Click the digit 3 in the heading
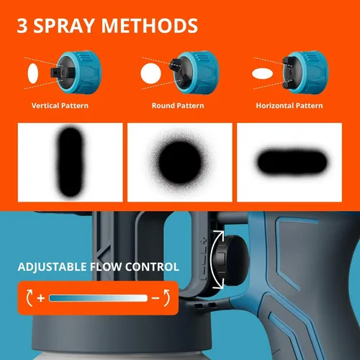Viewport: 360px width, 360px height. click(x=22, y=26)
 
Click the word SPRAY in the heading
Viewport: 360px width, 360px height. click(x=64, y=26)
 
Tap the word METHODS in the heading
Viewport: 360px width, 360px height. click(x=150, y=26)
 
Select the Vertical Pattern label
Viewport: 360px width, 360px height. click(x=60, y=106)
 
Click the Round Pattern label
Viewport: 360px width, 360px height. click(x=178, y=106)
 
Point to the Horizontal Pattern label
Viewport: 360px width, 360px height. click(x=289, y=106)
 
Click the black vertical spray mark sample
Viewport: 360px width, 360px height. click(x=71, y=162)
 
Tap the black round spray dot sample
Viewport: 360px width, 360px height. click(x=180, y=162)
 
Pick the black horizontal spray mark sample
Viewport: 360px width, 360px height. click(x=292, y=162)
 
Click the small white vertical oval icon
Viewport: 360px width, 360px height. click(x=33, y=73)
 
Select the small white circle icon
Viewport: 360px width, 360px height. click(x=150, y=73)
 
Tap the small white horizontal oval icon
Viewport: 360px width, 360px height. click(x=262, y=73)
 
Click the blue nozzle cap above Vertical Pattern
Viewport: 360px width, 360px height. click(x=78, y=72)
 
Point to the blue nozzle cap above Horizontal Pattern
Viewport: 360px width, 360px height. click(x=306, y=72)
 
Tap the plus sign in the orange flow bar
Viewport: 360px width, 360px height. click(x=41, y=298)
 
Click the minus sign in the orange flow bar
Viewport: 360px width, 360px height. click(x=156, y=298)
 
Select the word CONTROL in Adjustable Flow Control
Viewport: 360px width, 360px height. click(x=152, y=267)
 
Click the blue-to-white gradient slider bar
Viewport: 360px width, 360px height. click(x=98, y=298)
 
